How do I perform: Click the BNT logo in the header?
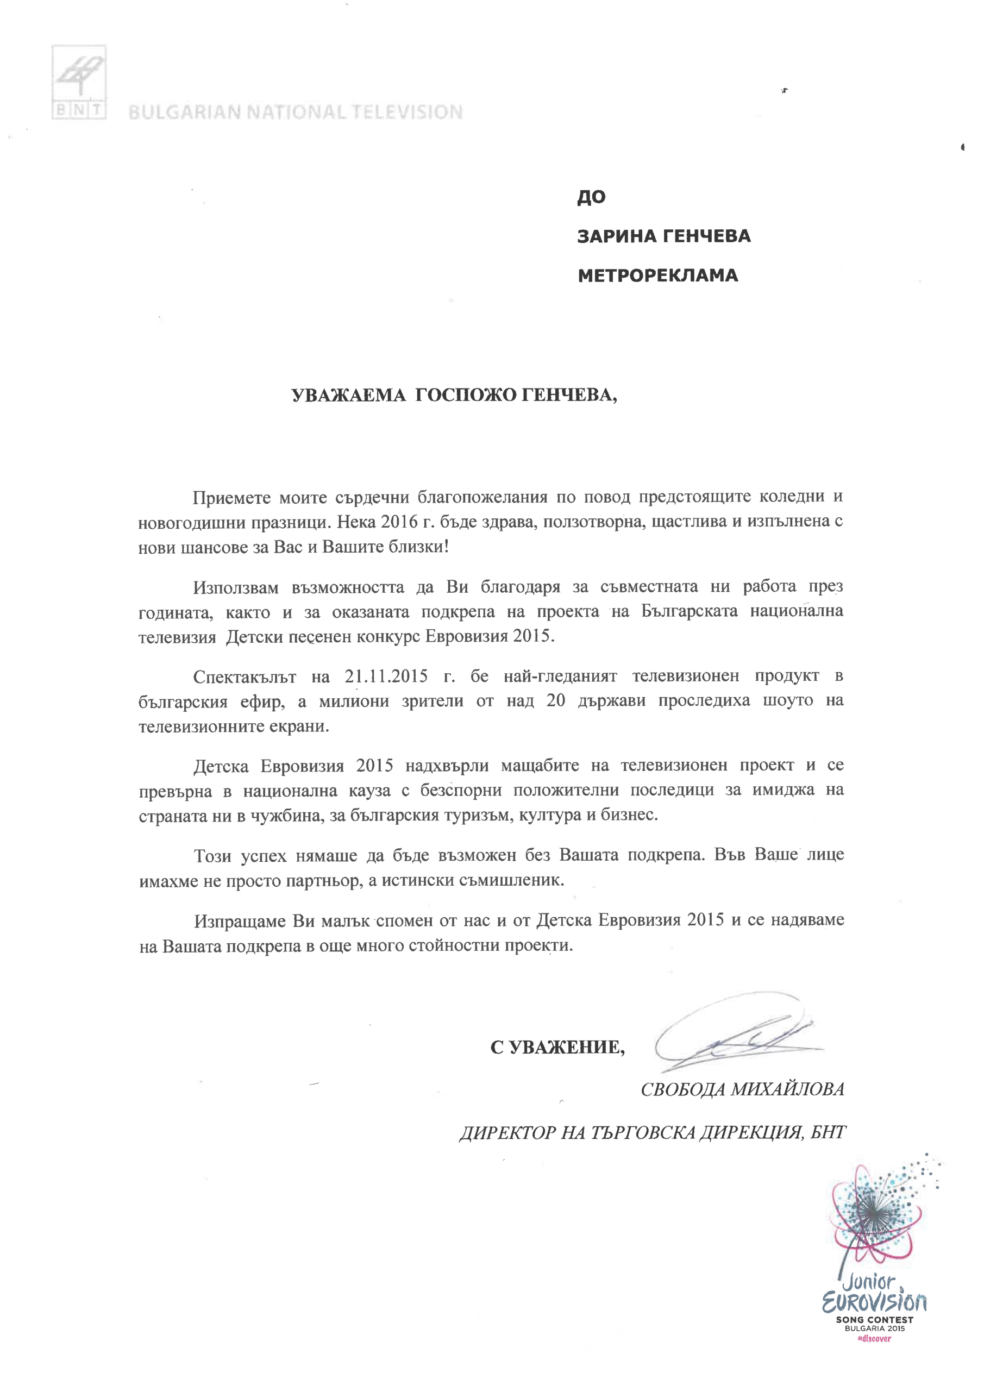[x=79, y=83]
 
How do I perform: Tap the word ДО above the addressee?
[x=591, y=197]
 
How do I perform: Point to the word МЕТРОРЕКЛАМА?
[x=657, y=275]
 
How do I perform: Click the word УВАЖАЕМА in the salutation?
[x=348, y=396]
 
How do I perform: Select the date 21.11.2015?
[x=386, y=675]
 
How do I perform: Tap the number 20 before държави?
[x=556, y=701]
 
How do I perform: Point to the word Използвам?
[x=236, y=587]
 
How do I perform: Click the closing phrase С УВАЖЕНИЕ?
[x=557, y=1047]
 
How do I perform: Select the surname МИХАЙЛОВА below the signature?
[x=787, y=1089]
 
